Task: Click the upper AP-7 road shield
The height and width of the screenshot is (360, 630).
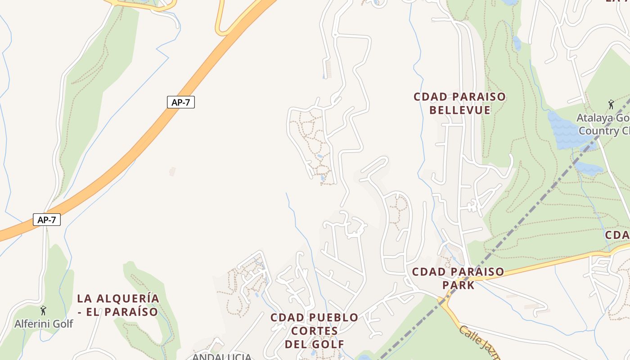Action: point(180,102)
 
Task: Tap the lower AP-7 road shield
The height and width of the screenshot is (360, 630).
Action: point(46,220)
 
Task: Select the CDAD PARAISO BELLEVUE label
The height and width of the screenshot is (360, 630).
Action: point(459,103)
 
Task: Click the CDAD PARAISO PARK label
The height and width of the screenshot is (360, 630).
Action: point(458,278)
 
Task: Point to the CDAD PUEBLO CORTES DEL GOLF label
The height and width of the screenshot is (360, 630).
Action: point(314,331)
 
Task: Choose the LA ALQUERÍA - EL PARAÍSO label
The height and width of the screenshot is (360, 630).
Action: point(118,305)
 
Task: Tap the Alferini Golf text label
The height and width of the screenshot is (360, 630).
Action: point(44,324)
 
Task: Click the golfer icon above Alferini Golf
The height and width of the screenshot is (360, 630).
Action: point(43,310)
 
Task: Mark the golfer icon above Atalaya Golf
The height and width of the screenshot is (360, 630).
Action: point(611,105)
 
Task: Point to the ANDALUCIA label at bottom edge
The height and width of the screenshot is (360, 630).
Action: point(222,356)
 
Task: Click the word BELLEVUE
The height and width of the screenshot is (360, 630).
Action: point(459,110)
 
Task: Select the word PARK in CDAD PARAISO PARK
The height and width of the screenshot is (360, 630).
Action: point(458,285)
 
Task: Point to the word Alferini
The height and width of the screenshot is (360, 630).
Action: point(30,324)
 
